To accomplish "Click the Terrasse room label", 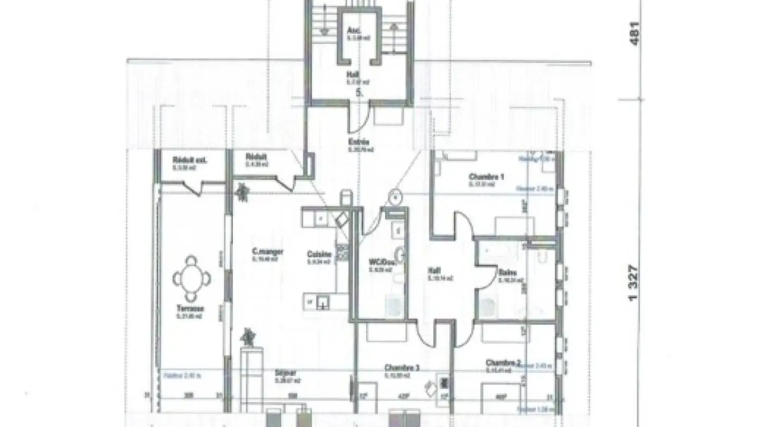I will [191, 308].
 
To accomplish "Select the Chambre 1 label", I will [486, 177].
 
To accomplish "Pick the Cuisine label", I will [319, 254].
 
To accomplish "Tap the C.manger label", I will [267, 252].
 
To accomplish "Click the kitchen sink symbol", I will [322, 302].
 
